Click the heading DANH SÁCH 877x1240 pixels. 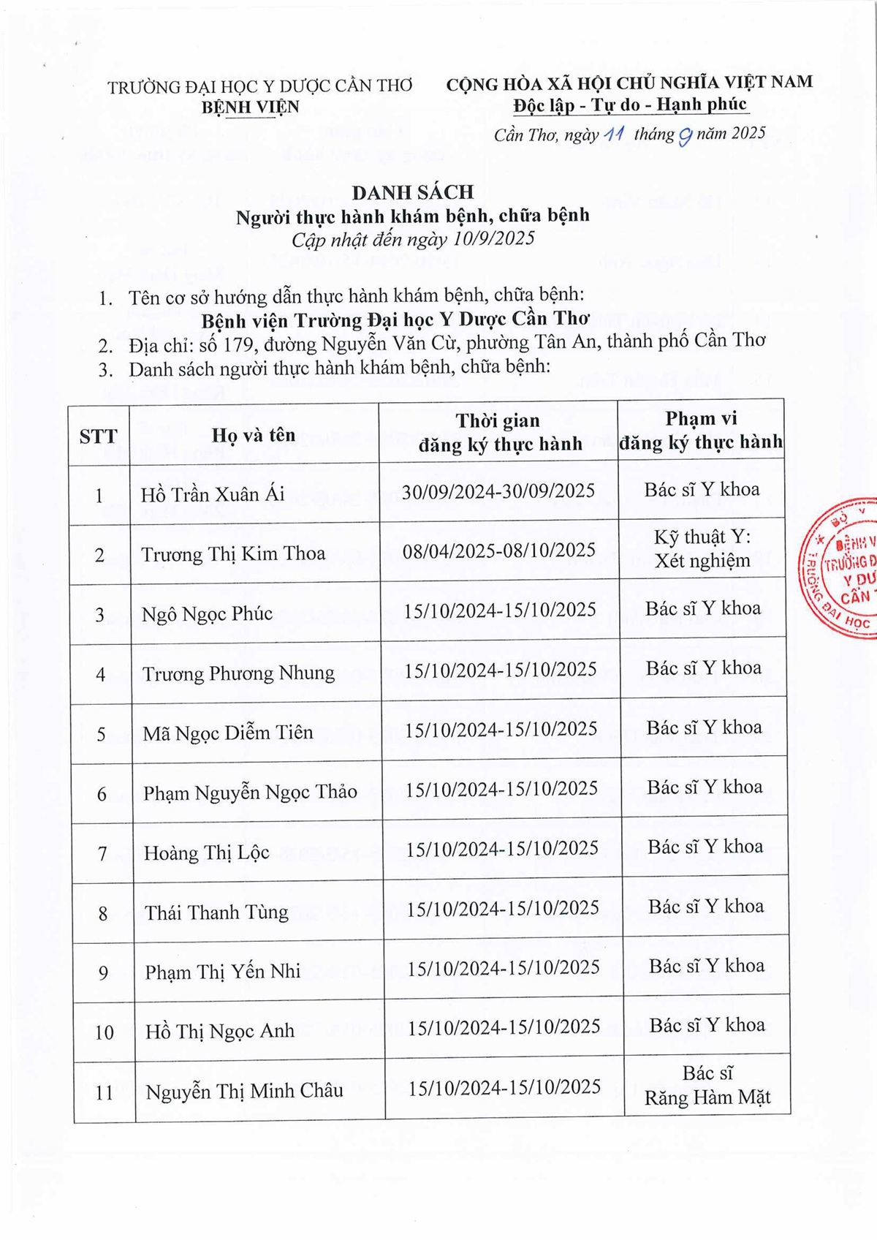412,192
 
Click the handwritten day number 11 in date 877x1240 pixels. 612,135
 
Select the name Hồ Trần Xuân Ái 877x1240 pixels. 213,494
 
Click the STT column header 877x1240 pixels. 98,436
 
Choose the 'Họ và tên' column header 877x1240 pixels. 254,435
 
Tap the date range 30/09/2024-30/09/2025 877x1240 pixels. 498,491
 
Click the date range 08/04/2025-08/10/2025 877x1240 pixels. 499,550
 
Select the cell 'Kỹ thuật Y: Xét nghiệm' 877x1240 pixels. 702,549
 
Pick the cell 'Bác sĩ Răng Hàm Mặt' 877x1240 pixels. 707,1086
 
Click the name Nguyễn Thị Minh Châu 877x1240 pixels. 244,1092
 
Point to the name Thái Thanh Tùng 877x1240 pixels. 216,912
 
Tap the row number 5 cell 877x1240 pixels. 102,734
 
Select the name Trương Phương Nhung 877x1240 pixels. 238,673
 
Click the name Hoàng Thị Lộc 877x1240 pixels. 206,852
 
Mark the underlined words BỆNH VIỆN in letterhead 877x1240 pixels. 250,107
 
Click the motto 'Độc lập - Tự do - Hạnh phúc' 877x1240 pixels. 629,105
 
